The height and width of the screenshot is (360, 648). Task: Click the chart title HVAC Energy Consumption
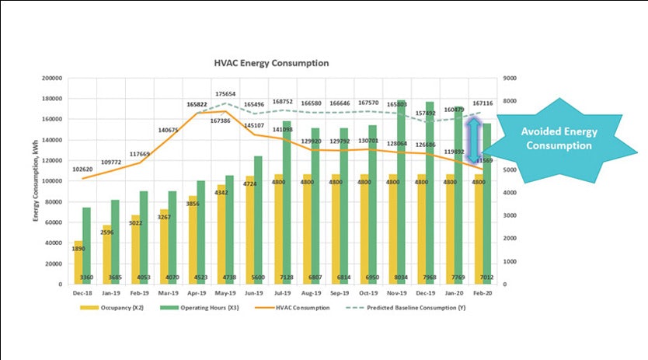(271, 63)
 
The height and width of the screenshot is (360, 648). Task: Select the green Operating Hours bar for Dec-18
(86, 245)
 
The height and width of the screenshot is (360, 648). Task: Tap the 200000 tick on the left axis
(51, 79)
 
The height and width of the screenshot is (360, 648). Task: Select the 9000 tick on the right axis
(510, 79)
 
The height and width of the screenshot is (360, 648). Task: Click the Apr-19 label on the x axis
(197, 293)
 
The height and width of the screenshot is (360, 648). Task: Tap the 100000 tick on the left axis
(51, 181)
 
